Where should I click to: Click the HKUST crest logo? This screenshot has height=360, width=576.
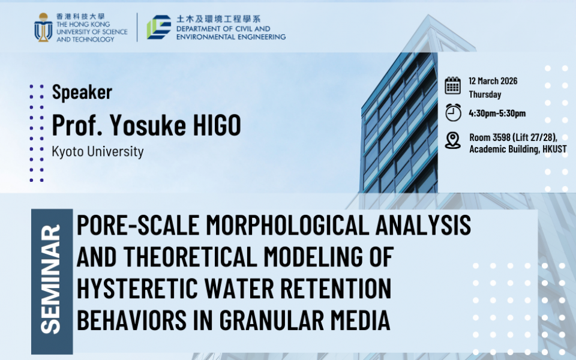pos(43,27)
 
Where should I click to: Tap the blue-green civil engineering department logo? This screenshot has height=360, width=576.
pos(159,27)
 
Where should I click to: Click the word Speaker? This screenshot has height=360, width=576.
pos(82,91)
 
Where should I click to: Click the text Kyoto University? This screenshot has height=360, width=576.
pos(98,151)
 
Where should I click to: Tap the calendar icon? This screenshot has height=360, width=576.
pos(452,86)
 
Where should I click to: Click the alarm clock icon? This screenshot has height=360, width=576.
pos(453,112)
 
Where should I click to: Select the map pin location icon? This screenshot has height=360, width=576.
pos(452,140)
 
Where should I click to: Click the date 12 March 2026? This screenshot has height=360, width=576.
pos(493,81)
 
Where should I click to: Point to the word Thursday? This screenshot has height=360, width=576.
pos(485,94)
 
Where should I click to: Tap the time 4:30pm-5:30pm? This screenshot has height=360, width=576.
pos(497,113)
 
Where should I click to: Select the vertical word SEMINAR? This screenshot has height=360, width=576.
pos(50,279)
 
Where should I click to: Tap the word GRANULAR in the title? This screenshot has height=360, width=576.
pos(272,320)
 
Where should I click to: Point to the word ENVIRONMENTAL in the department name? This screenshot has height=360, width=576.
pos(205,37)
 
